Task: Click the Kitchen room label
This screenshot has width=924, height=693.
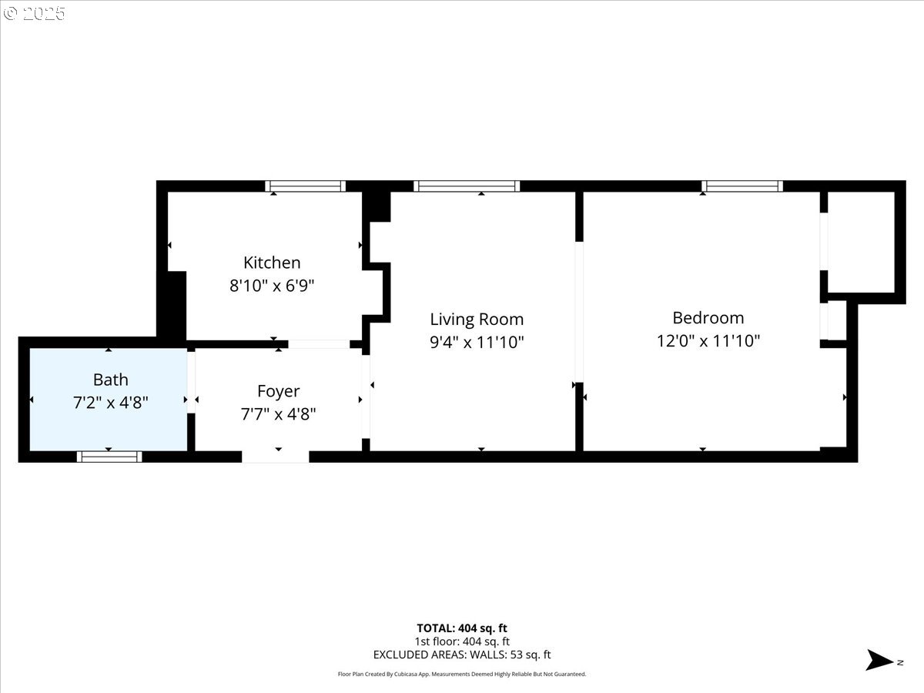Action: (x=272, y=263)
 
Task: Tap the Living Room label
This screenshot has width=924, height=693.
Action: (x=477, y=319)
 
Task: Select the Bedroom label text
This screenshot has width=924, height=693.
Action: (x=708, y=317)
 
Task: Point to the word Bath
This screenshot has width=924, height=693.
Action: (x=110, y=380)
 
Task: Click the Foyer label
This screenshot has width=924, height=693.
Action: (x=278, y=391)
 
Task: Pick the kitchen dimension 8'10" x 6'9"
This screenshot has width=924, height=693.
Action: (x=272, y=286)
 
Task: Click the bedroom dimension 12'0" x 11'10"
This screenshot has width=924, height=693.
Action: (x=708, y=340)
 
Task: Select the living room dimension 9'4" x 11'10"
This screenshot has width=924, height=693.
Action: (x=477, y=342)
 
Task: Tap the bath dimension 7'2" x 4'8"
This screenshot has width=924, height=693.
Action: (x=110, y=402)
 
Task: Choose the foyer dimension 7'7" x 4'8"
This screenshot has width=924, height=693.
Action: (x=278, y=414)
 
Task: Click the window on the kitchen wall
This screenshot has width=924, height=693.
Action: (x=305, y=186)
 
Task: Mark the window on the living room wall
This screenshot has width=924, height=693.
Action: (x=467, y=186)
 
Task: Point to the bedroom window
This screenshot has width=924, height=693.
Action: (x=742, y=186)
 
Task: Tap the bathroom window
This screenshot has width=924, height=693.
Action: (x=109, y=457)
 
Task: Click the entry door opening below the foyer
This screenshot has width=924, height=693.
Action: (x=276, y=457)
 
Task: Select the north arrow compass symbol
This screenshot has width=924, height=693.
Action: (x=879, y=661)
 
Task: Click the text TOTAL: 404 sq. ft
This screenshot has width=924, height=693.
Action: (x=462, y=628)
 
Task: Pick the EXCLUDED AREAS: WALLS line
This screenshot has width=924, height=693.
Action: (x=462, y=655)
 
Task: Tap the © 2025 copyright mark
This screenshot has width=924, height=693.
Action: (x=35, y=14)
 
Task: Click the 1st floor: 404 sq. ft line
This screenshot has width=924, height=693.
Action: (x=462, y=641)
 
